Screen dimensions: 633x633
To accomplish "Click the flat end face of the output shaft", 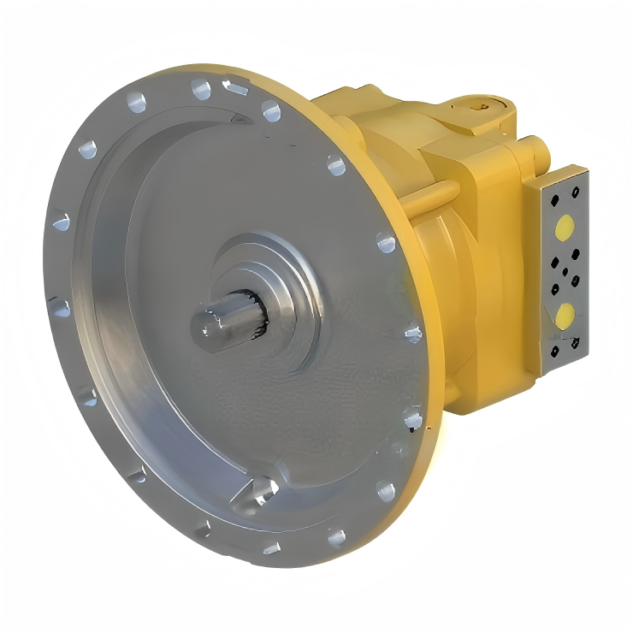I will point(206,325).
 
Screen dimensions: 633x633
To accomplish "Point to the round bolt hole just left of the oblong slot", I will point(201,88).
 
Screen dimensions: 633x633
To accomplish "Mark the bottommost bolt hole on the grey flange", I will point(271,547).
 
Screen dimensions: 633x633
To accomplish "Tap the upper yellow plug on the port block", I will point(565,228).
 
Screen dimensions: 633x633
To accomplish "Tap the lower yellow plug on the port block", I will point(565,316).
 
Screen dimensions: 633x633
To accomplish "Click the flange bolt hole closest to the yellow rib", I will point(387,244).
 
